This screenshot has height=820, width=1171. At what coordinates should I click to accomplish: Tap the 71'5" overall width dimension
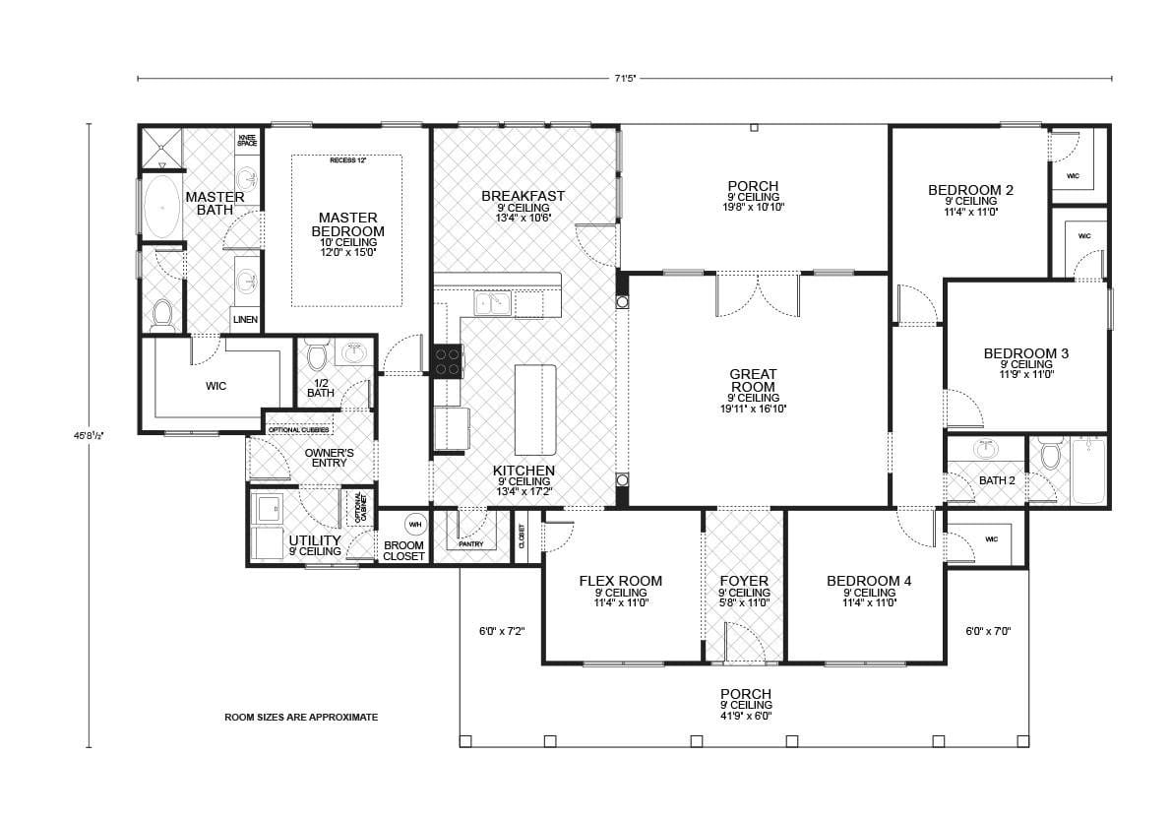coord(624,78)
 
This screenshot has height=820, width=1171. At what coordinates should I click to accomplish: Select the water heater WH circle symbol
coord(415,523)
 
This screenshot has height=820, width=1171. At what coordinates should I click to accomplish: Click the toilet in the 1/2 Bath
coord(317,355)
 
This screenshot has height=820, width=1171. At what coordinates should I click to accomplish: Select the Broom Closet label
coord(403,551)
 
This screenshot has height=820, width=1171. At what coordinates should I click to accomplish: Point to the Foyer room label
coord(744,581)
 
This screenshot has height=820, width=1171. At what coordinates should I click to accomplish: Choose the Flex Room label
coord(620,581)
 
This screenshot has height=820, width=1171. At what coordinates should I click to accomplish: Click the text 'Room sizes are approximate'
coord(301,718)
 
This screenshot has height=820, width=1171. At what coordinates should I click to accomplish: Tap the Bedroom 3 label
coord(1026,352)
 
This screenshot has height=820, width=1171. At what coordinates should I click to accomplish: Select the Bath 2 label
coord(996,480)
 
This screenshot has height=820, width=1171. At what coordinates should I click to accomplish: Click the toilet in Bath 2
coord(1050,457)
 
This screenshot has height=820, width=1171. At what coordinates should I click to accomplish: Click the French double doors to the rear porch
coord(758,293)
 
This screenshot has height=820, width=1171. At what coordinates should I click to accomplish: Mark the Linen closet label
coord(245,320)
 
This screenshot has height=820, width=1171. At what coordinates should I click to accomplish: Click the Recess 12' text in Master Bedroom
coord(345,159)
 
